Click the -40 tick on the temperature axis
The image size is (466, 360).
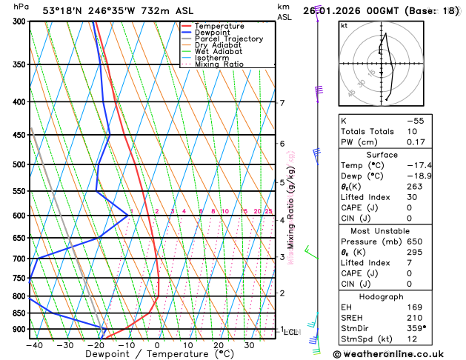tap(34, 344)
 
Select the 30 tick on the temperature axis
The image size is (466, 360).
tap(250, 344)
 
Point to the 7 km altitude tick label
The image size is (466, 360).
tap(282, 103)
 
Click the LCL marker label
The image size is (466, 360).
tap(290, 333)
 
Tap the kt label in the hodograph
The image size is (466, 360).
tap(344, 26)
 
